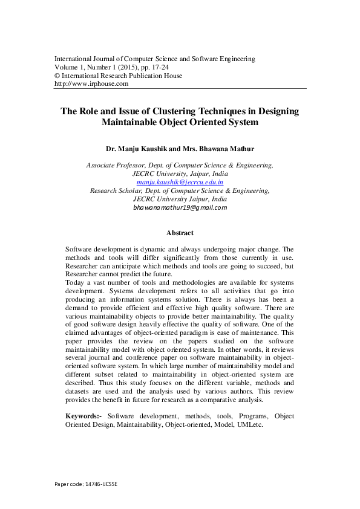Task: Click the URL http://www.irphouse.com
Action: tap(91, 84)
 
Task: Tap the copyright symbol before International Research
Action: tap(57, 76)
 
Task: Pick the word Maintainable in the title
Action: tap(133, 123)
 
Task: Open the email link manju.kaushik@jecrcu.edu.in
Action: tap(180, 181)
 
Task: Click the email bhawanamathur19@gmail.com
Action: tap(180, 207)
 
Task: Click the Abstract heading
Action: tap(180, 232)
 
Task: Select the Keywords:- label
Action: tap(84, 417)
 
